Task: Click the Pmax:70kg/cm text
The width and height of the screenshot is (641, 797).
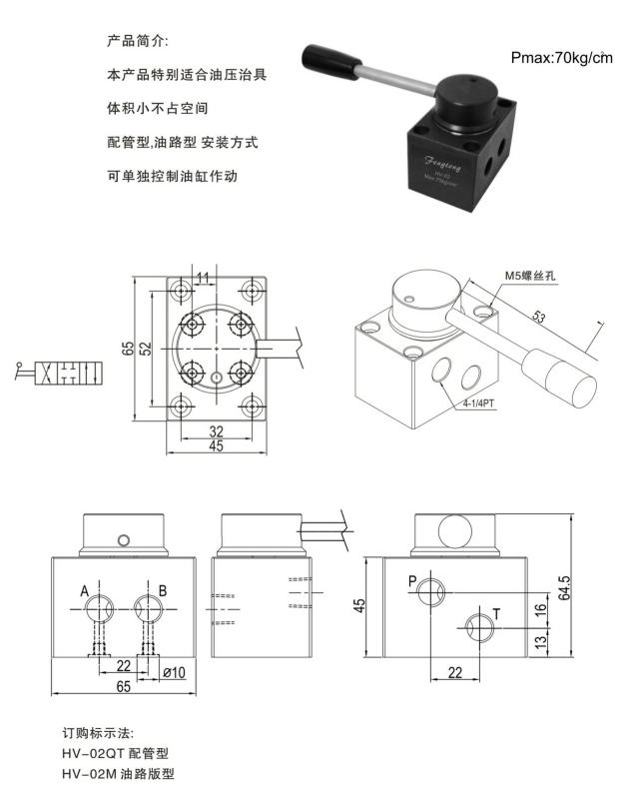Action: pyautogui.click(x=560, y=59)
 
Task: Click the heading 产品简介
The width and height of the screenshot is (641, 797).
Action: pyautogui.click(x=138, y=42)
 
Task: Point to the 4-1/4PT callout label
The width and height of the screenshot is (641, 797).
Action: pyautogui.click(x=477, y=404)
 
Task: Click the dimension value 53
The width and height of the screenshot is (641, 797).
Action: pyautogui.click(x=538, y=319)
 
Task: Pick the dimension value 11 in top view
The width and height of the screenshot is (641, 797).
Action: pyautogui.click(x=204, y=277)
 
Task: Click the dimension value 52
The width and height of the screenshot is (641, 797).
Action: pyautogui.click(x=146, y=348)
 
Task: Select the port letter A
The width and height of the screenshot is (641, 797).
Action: pyautogui.click(x=86, y=591)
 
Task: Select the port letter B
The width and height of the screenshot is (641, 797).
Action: pyautogui.click(x=163, y=591)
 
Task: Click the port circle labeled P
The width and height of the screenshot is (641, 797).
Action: pyautogui.click(x=431, y=590)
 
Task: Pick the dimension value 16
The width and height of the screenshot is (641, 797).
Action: pyautogui.click(x=540, y=609)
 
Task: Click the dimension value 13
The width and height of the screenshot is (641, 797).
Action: pyautogui.click(x=540, y=641)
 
